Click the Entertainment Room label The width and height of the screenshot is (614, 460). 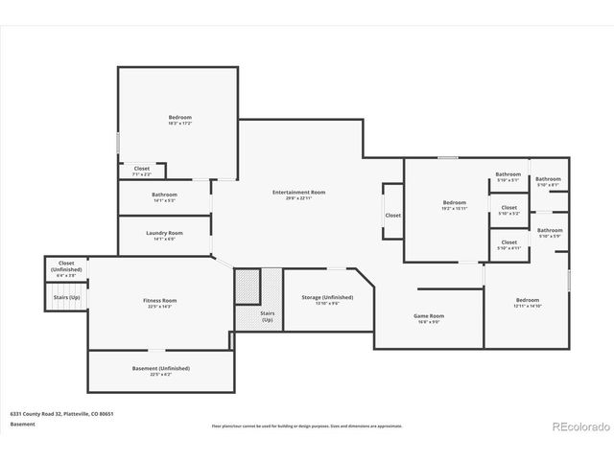tap(298, 193)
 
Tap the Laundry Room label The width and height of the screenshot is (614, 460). tap(164, 233)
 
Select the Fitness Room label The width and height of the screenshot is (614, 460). tap(160, 300)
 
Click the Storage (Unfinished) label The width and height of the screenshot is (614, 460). tap(320, 297)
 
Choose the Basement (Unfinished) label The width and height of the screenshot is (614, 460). tap(160, 368)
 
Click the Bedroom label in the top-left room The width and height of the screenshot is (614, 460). tap(180, 117)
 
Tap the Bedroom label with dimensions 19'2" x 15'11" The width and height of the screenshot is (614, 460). tap(454, 202)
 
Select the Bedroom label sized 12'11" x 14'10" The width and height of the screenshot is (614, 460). tap(527, 300)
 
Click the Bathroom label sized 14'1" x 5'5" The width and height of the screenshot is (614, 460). tap(164, 195)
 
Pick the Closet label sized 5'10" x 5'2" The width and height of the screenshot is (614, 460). tap(508, 207)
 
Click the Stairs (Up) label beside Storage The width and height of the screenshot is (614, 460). tap(267, 315)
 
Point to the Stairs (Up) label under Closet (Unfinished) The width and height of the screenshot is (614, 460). tap(66, 297)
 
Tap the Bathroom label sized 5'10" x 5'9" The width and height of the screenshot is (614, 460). tap(550, 230)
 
